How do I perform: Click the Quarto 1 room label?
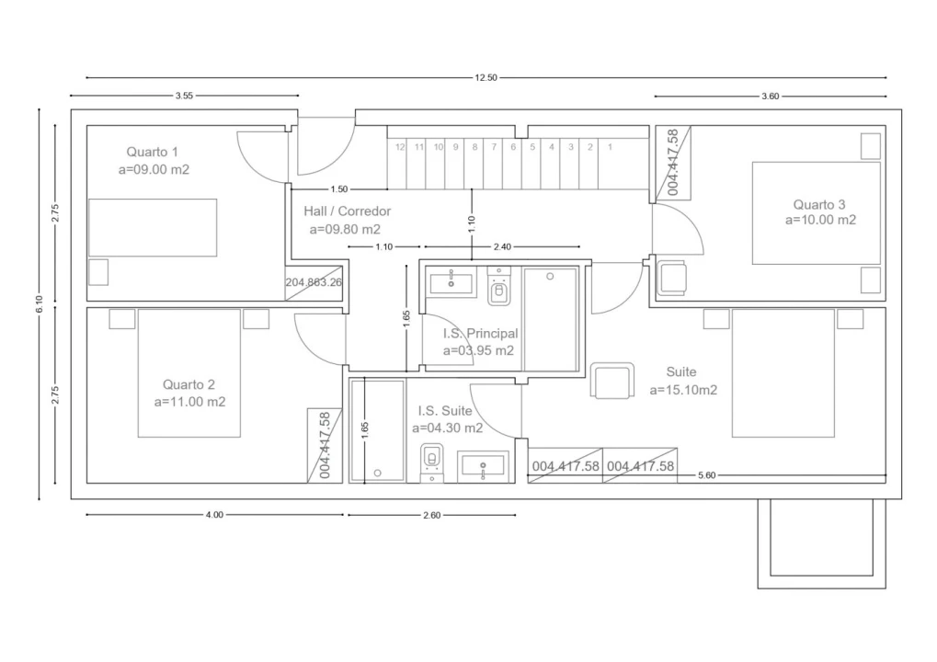pyautogui.click(x=153, y=152)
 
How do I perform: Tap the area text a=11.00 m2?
pyautogui.click(x=190, y=402)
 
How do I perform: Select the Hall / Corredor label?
pyautogui.click(x=348, y=211)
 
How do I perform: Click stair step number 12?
pyautogui.click(x=400, y=147)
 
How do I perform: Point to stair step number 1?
pyautogui.click(x=610, y=147)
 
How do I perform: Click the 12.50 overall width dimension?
pyautogui.click(x=486, y=77)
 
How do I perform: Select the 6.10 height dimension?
pyautogui.click(x=40, y=304)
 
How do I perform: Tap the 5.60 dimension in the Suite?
pyautogui.click(x=706, y=475)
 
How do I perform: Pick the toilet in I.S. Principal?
pyautogui.click(x=499, y=287)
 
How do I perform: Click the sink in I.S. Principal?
pyautogui.click(x=451, y=282)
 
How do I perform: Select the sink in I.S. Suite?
pyautogui.click(x=483, y=466)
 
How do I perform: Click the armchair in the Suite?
pyautogui.click(x=612, y=381)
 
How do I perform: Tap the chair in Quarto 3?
pyautogui.click(x=671, y=278)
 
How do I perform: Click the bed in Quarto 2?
pyautogui.click(x=189, y=372)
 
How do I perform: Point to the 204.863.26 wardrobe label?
pyautogui.click(x=314, y=282)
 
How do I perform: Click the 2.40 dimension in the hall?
pyautogui.click(x=502, y=246)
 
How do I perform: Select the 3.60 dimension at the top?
pyautogui.click(x=771, y=97)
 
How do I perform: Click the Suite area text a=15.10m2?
pyautogui.click(x=683, y=390)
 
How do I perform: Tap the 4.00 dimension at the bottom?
pyautogui.click(x=214, y=515)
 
